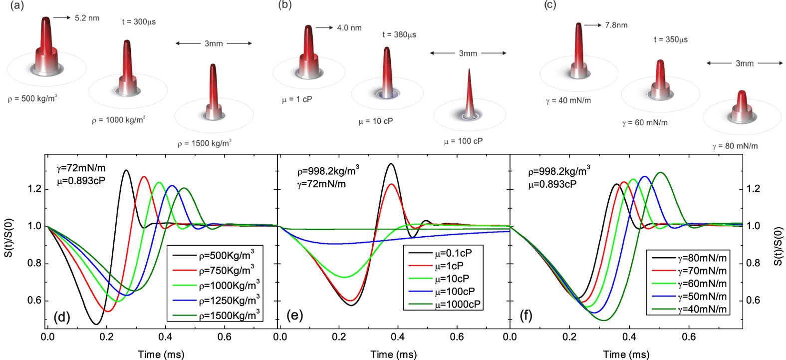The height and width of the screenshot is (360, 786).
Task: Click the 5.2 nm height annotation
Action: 87,18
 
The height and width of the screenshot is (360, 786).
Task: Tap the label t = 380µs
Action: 399,34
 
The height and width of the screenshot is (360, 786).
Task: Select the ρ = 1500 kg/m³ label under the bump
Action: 204,144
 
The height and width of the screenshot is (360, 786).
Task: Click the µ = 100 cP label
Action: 463,141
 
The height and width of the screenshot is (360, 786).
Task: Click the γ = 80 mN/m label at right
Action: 735,146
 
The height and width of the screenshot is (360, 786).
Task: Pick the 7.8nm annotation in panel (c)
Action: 616,25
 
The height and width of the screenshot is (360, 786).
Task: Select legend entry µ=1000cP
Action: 458,304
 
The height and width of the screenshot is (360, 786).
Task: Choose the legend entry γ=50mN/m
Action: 702,297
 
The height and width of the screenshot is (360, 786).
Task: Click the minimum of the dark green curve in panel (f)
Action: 604,320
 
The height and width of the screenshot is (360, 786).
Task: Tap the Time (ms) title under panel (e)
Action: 393,355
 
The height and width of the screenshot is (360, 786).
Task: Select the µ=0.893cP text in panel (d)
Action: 81,181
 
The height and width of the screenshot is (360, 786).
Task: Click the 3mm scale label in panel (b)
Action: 468,53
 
